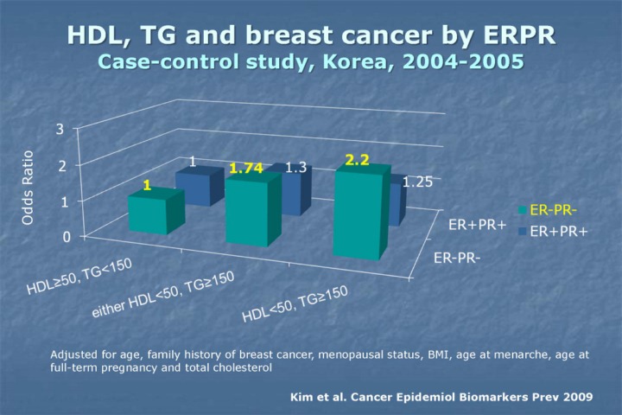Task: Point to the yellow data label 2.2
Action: (357, 160)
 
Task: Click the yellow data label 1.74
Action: (245, 169)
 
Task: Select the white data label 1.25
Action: (416, 182)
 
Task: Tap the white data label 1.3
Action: (296, 168)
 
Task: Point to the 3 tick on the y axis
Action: (60, 130)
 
